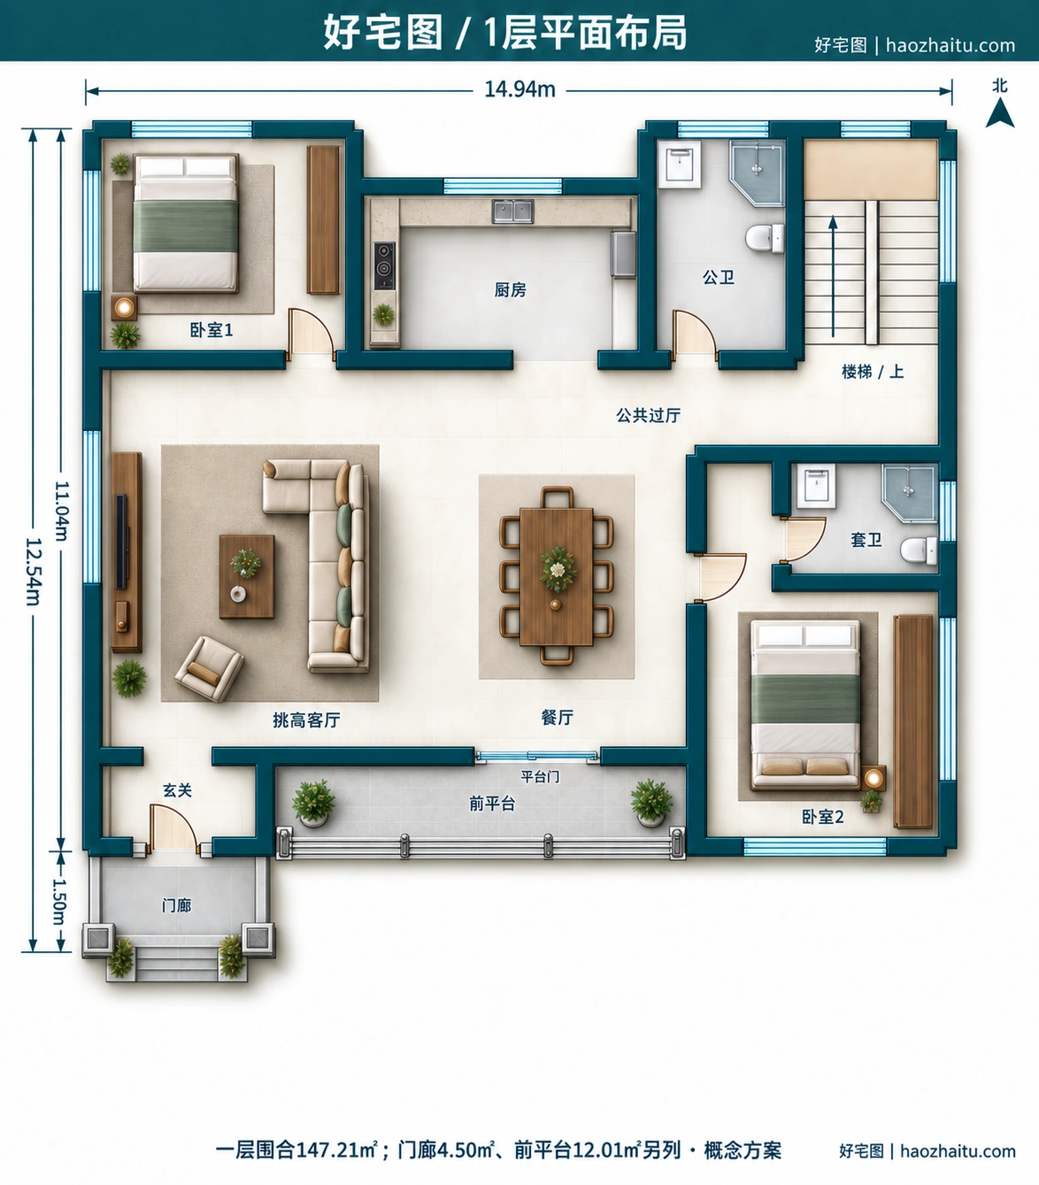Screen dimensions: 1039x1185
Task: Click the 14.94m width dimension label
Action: [x=519, y=89]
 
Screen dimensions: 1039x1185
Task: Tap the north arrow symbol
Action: [x=1000, y=112]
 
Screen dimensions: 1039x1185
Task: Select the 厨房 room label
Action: [x=510, y=289]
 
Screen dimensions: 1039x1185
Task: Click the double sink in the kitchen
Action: [x=512, y=212]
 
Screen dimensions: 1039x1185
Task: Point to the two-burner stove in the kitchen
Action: [x=384, y=265]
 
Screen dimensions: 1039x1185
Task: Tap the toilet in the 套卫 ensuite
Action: [x=918, y=550]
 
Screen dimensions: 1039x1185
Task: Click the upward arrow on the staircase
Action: [x=833, y=276]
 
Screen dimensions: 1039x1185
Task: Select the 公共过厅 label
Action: [x=648, y=415]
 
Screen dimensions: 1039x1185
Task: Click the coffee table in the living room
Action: [x=247, y=576]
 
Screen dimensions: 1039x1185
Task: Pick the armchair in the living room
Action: [x=210, y=668]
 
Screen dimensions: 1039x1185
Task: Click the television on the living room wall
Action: [x=121, y=541]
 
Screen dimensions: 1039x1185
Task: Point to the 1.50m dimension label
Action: [x=59, y=901]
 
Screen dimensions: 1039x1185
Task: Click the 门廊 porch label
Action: [x=177, y=905]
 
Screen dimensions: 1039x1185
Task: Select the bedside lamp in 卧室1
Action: [x=124, y=306]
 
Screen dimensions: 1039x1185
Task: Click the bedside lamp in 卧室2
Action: [x=873, y=777]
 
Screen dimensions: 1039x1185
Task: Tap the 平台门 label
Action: [x=539, y=776]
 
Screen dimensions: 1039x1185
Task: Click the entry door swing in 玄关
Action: [x=172, y=827]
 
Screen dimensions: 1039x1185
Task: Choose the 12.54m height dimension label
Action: [x=33, y=571]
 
